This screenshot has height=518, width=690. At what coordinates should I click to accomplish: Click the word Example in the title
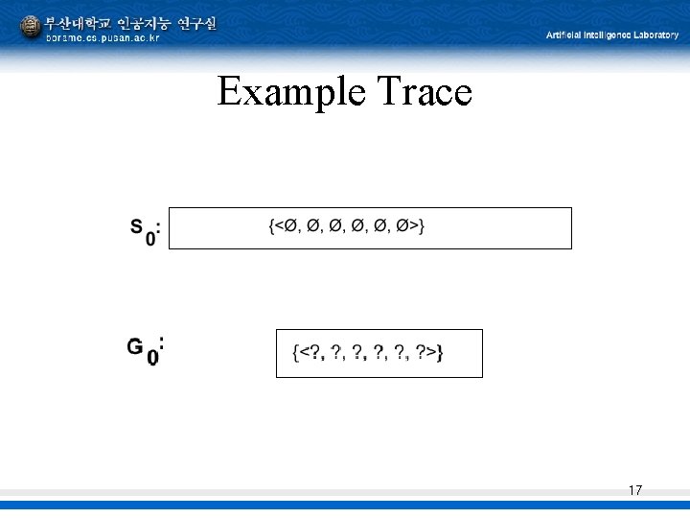click(x=284, y=93)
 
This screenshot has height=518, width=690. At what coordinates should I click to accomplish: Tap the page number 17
click(x=634, y=491)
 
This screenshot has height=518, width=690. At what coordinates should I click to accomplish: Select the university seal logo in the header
click(x=31, y=28)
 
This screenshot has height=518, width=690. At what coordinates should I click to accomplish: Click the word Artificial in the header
click(x=566, y=35)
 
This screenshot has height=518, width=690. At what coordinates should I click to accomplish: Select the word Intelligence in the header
click(x=604, y=35)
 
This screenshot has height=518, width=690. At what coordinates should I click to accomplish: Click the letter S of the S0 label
click(x=138, y=226)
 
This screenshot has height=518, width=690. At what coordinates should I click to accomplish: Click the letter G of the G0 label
click(x=136, y=346)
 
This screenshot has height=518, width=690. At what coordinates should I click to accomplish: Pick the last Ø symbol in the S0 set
click(x=408, y=226)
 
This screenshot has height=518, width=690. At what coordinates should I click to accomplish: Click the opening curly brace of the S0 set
click(x=270, y=226)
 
